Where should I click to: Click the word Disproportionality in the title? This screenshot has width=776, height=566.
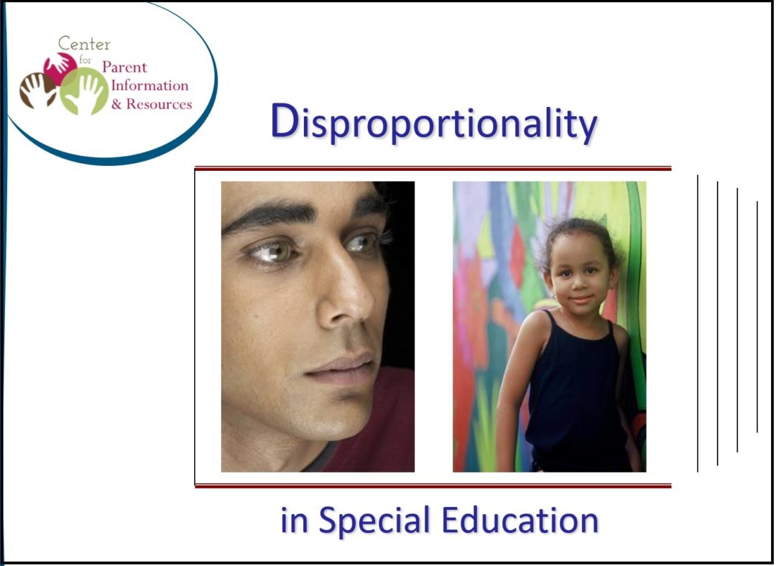tap(433, 124)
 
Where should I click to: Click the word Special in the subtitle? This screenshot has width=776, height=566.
tap(374, 521)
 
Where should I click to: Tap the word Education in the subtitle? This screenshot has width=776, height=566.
tap(519, 519)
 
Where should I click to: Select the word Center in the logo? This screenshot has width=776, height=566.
tap(85, 44)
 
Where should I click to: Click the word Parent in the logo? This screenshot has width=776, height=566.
tap(124, 68)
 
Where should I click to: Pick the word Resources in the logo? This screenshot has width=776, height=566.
tap(160, 104)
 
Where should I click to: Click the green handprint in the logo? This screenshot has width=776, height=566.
tap(86, 91)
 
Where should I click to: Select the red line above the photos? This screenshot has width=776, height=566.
tap(433, 170)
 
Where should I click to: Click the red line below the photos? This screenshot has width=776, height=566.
tap(433, 486)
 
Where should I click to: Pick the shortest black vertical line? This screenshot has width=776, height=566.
tap(757, 316)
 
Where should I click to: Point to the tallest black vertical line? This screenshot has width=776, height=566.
tap(698, 323)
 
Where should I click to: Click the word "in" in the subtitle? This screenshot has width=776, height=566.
tap(293, 521)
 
